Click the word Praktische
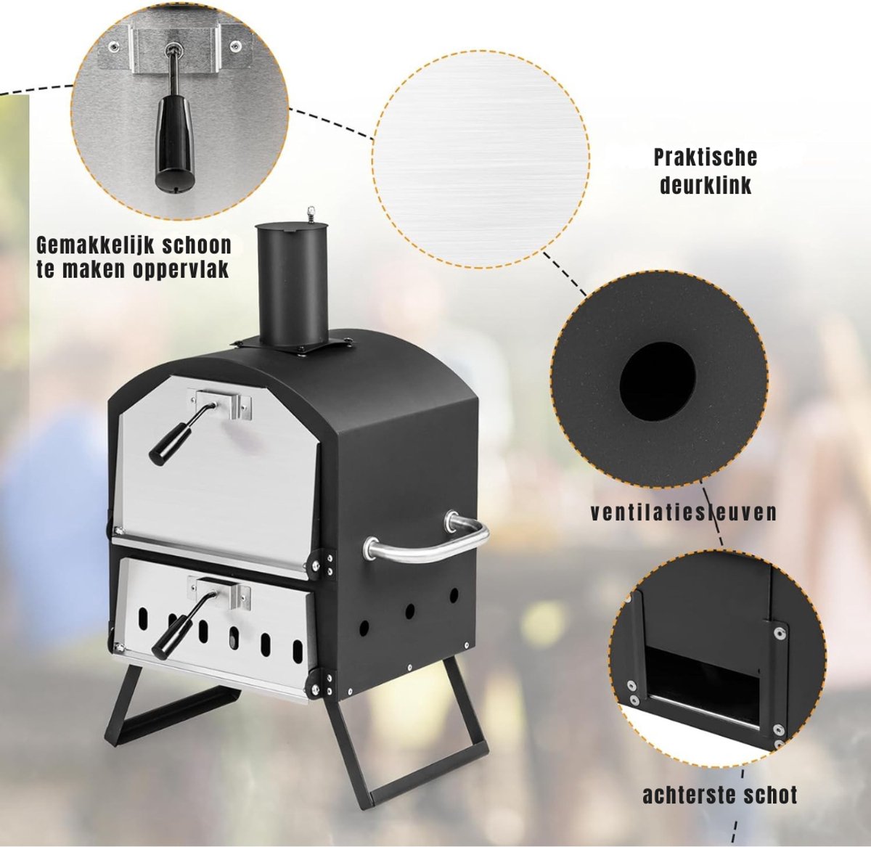[706, 157]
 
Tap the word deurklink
[706, 185]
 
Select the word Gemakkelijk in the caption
[93, 246]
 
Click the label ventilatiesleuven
[684, 512]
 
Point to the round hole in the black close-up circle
[657, 384]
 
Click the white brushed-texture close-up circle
[481, 159]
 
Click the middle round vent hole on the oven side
[409, 612]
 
